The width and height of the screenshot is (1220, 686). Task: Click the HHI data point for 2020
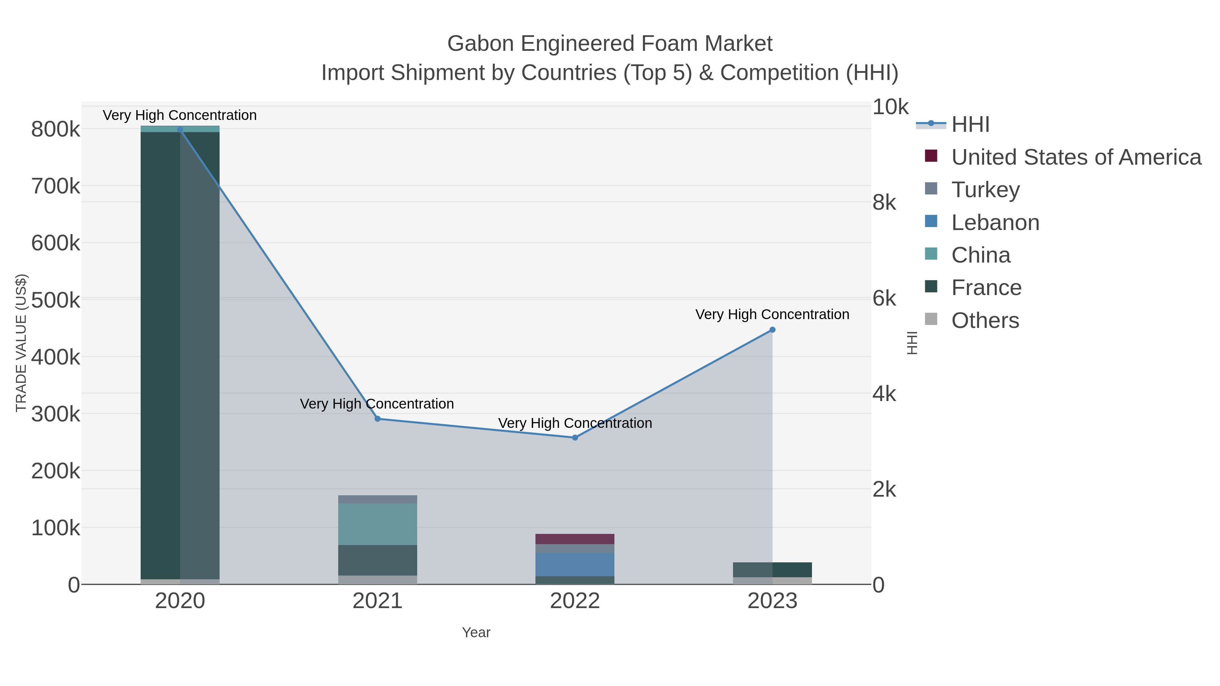click(x=180, y=130)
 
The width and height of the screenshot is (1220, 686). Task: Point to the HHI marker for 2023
click(x=772, y=330)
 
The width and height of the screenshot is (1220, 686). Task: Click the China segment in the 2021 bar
click(x=378, y=524)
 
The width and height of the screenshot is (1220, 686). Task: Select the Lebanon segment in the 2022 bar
click(x=575, y=564)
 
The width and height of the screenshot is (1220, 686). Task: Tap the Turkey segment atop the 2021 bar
click(x=378, y=499)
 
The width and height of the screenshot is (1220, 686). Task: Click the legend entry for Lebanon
click(x=995, y=223)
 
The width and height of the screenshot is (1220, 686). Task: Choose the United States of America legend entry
click(x=1076, y=157)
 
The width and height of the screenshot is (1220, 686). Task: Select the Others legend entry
click(x=985, y=320)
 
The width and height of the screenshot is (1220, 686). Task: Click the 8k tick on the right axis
click(x=884, y=203)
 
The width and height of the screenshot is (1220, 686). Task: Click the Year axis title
click(x=476, y=632)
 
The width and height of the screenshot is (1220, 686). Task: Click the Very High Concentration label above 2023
click(x=772, y=314)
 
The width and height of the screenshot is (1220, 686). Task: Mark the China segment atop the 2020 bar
click(x=180, y=129)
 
